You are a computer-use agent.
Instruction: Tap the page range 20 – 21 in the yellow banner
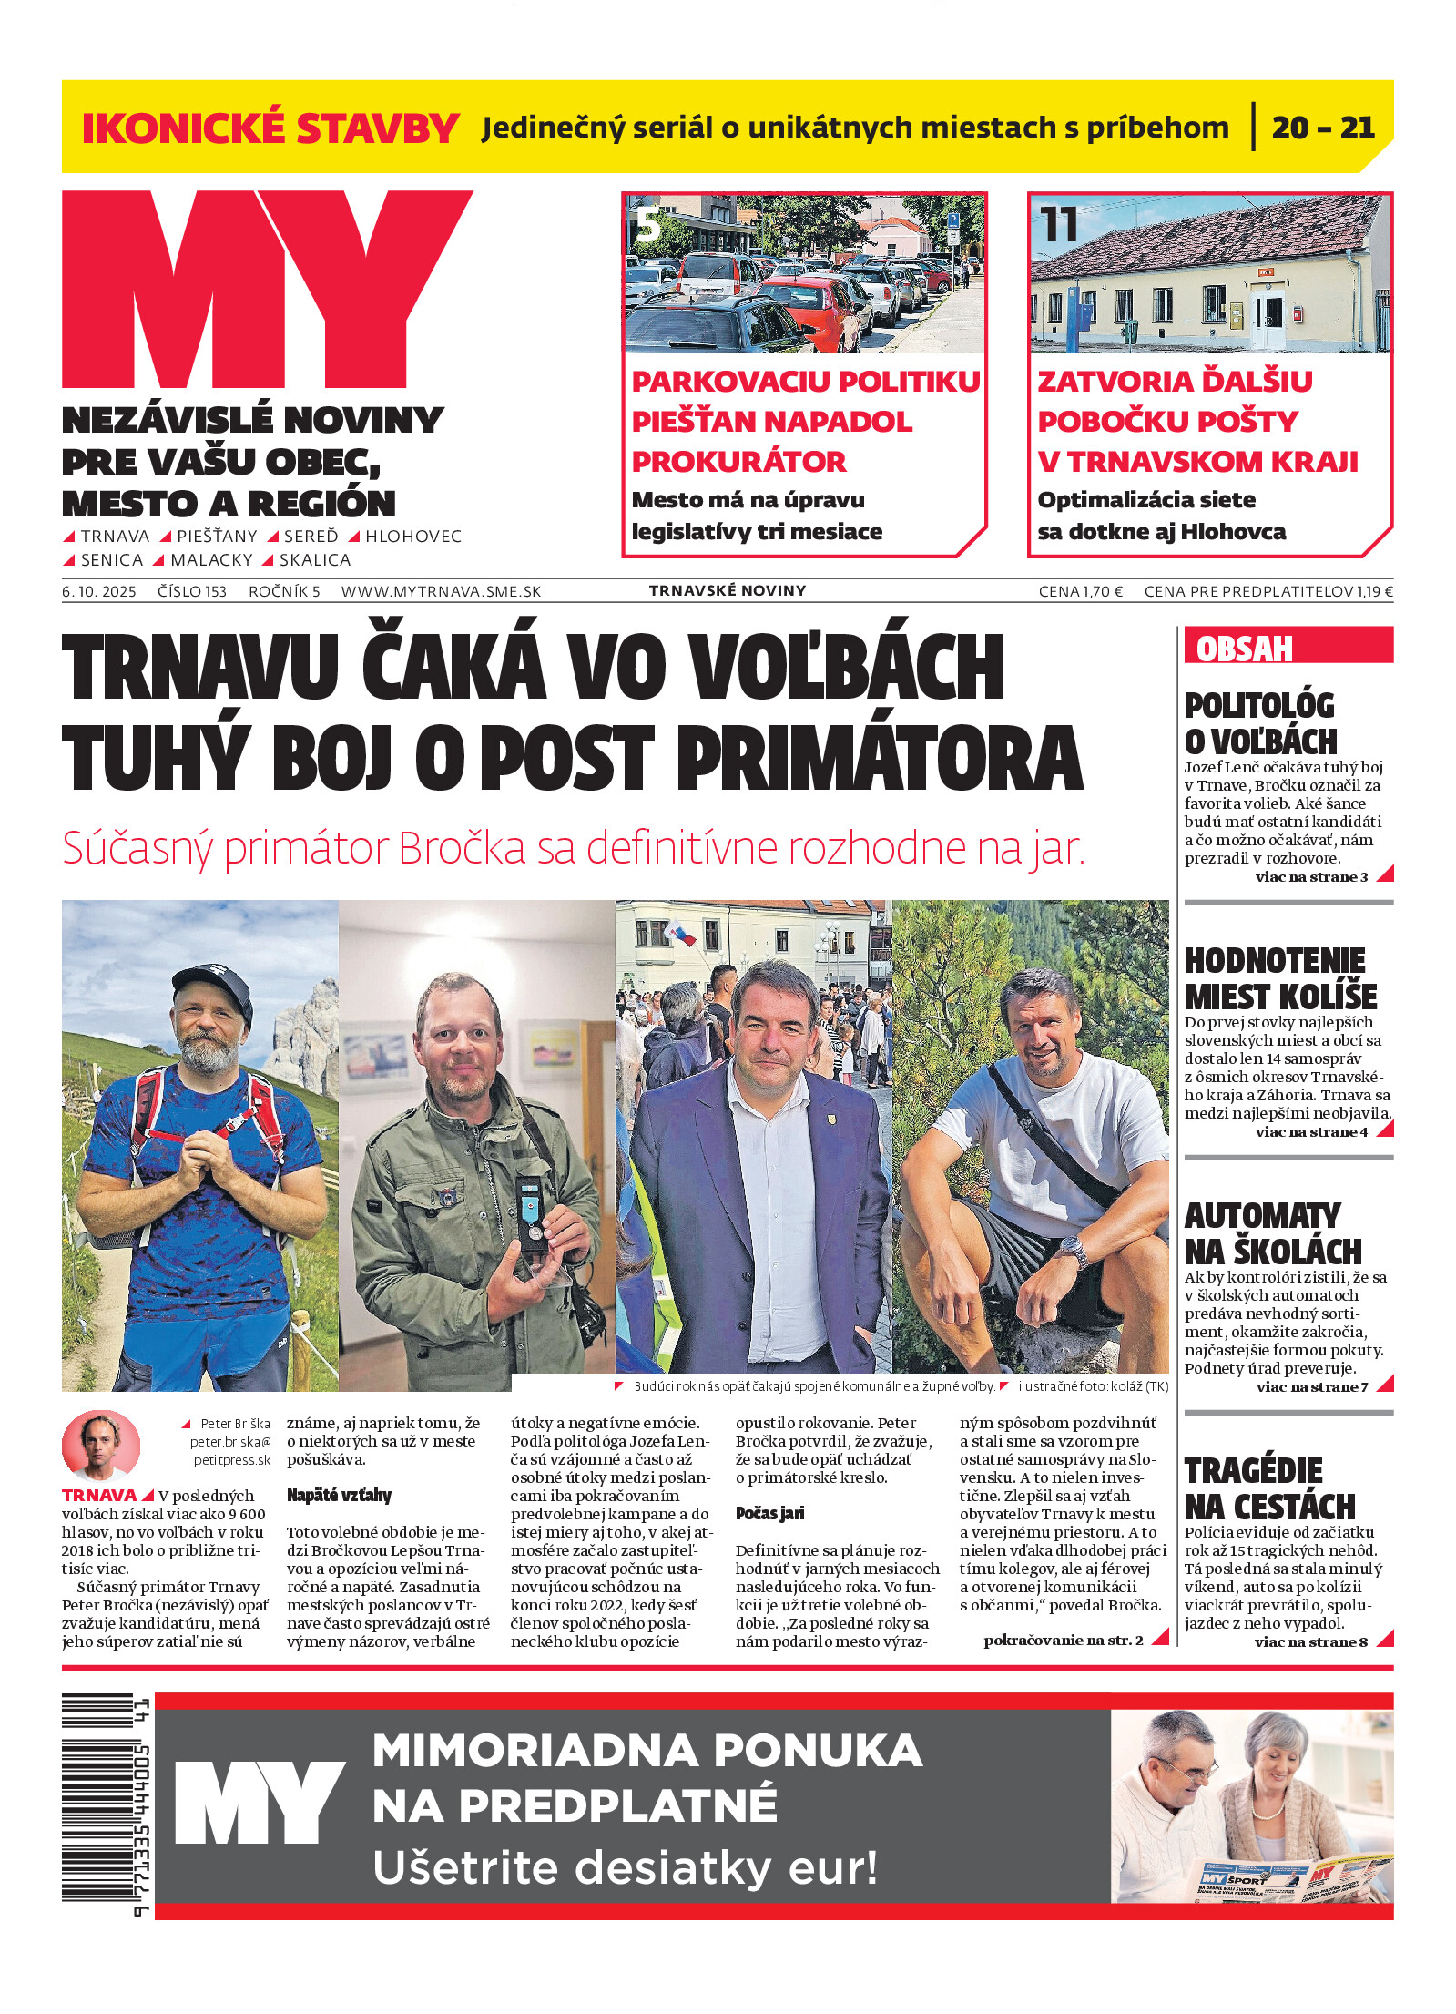click(1322, 128)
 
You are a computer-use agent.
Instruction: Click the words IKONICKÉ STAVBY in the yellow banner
click(270, 128)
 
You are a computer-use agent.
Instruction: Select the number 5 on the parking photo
click(647, 225)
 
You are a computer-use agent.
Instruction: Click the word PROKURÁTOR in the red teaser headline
click(738, 462)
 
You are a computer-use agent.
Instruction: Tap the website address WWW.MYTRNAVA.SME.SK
click(441, 591)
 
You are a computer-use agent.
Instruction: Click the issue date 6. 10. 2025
click(98, 591)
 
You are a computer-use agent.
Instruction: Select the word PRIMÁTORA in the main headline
click(880, 758)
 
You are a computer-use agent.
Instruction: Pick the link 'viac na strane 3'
click(1311, 877)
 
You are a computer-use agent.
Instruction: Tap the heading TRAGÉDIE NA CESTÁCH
click(1269, 1488)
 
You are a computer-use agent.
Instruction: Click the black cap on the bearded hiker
click(215, 989)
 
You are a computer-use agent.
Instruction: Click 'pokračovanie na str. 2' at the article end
click(1063, 1641)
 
